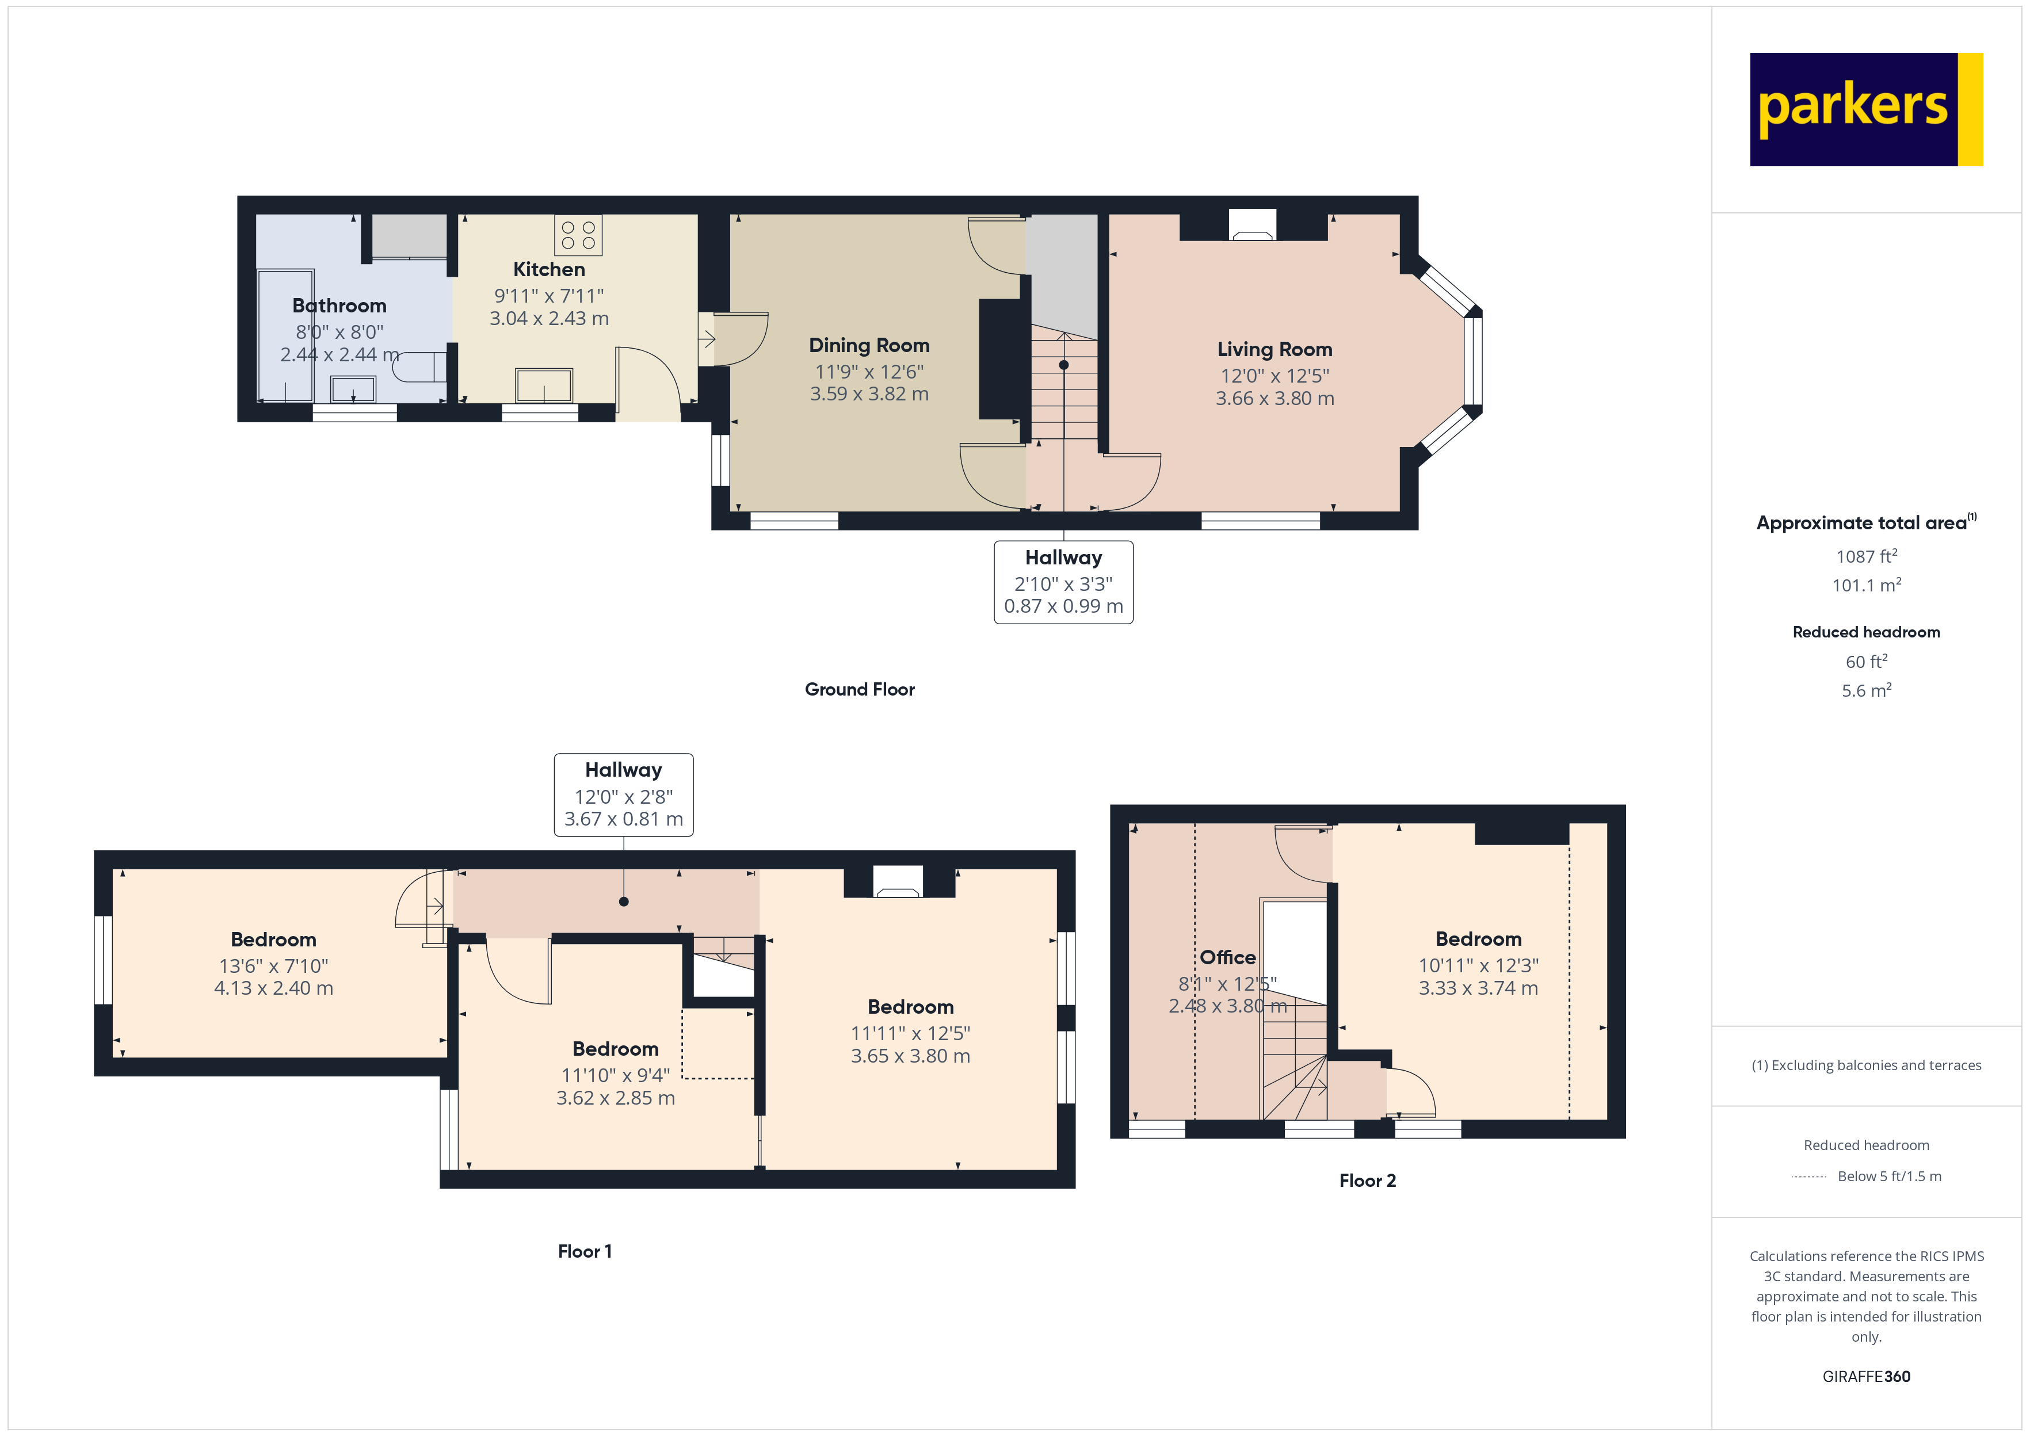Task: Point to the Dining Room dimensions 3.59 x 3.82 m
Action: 868,394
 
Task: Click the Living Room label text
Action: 1273,349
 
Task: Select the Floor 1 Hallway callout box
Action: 623,794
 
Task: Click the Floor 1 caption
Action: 585,1251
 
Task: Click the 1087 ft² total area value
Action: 1865,556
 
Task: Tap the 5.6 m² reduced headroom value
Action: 1865,690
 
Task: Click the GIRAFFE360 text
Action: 1865,1376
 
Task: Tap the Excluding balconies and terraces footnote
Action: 1865,1065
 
